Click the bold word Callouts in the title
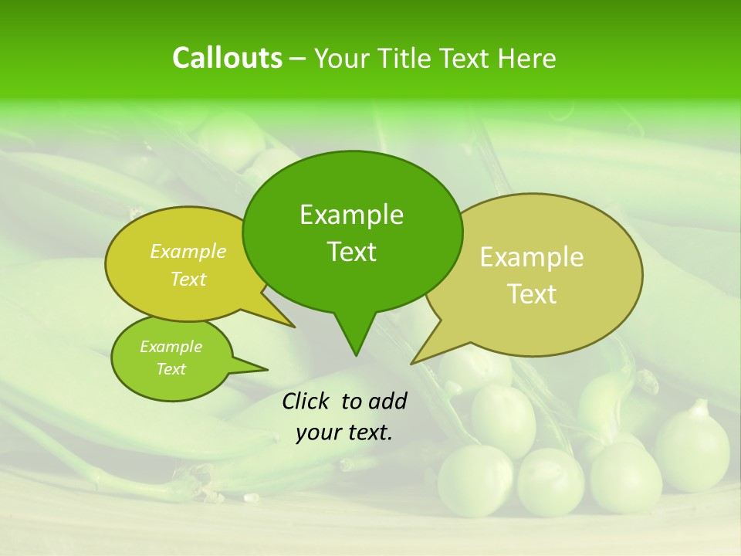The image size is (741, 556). [x=227, y=58]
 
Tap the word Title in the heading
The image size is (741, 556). [x=408, y=58]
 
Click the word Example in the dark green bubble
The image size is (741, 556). [x=351, y=215]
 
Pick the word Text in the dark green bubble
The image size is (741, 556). [x=351, y=252]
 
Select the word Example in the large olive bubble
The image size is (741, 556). [x=532, y=257]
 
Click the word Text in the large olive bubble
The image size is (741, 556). [x=532, y=294]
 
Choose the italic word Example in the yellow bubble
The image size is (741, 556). [x=188, y=251]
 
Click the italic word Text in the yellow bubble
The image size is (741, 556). [x=188, y=280]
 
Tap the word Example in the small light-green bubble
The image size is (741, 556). [x=171, y=347]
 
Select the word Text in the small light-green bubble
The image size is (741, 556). [x=171, y=369]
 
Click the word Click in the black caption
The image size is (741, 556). [x=306, y=401]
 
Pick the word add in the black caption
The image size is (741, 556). [x=387, y=401]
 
